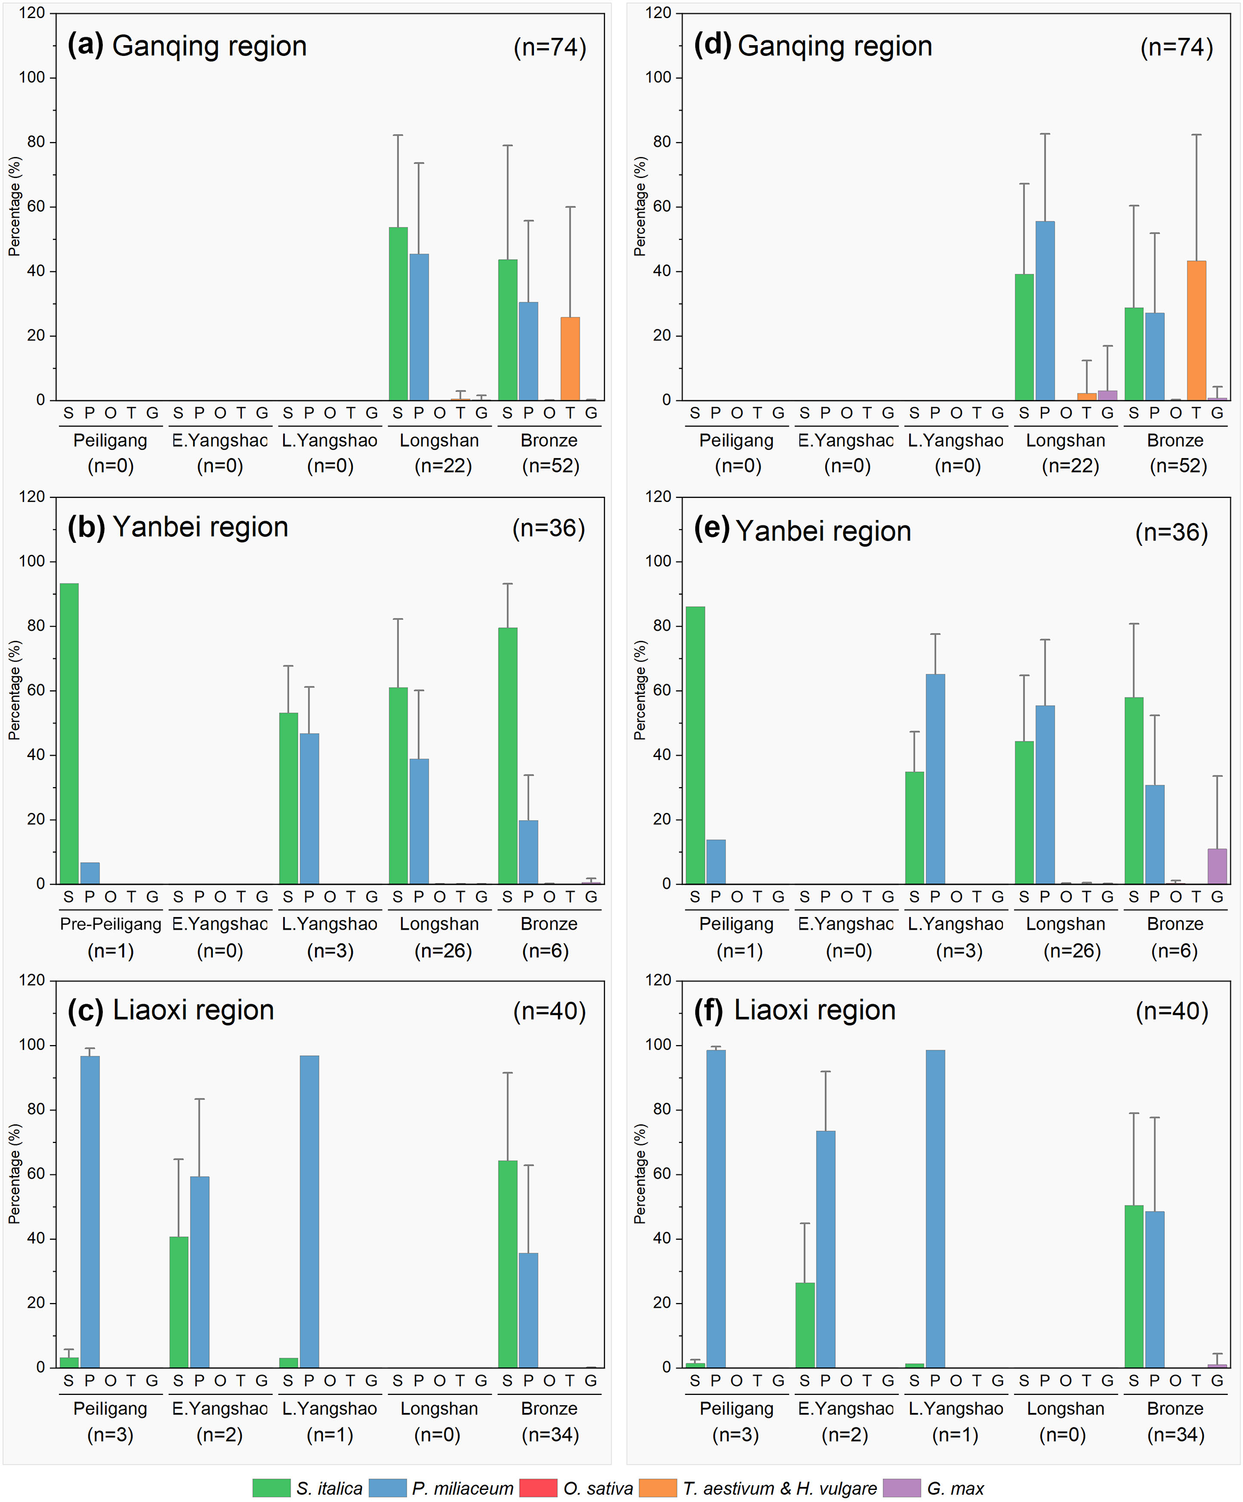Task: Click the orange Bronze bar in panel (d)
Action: point(1196,331)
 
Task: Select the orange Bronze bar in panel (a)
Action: point(570,358)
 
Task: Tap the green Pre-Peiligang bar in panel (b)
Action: point(69,733)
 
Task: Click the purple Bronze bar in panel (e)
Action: point(1217,866)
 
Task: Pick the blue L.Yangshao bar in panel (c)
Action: point(309,1212)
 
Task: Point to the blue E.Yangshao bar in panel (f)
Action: point(824,1249)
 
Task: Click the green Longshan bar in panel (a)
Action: point(397,313)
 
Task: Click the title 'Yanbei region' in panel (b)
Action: point(200,527)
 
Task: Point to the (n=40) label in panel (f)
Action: point(1171,1011)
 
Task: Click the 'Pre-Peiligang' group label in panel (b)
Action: point(110,924)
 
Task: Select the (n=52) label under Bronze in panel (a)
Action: point(550,467)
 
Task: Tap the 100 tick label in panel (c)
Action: point(31,1045)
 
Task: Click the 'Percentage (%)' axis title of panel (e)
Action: point(639,690)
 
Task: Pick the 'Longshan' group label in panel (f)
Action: point(1065,1408)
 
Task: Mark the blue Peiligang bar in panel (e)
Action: point(715,862)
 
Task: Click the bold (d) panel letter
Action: point(711,45)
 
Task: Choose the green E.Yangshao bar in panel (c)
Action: point(179,1302)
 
